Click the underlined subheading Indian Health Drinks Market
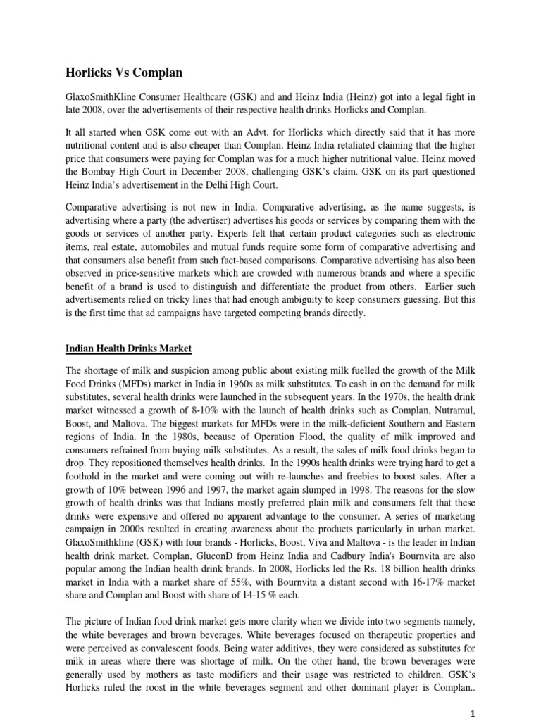(x=128, y=348)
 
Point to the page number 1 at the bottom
(x=473, y=713)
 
